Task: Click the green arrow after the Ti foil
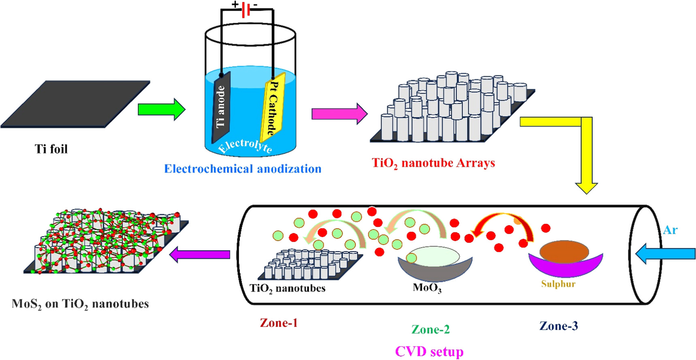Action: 161,109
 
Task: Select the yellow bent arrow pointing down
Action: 586,154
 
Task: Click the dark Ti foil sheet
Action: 75,104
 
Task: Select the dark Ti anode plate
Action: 221,106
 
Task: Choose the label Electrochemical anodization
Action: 243,169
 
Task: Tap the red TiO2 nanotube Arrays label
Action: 433,163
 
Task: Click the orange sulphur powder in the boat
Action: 564,251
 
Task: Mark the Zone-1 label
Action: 279,323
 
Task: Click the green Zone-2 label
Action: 430,329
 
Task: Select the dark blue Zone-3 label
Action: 558,326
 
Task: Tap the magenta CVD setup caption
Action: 429,351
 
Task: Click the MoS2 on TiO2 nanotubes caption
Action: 80,304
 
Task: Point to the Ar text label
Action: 670,230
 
